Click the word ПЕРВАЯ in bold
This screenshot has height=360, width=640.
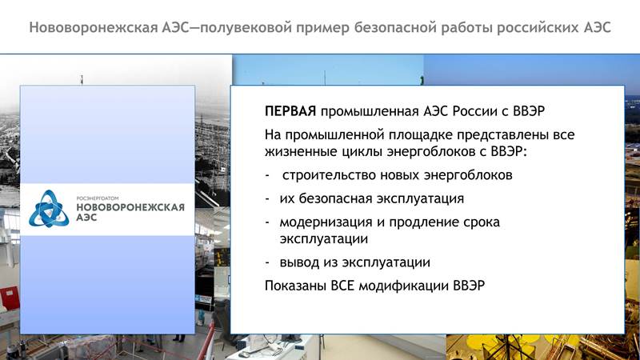click(x=290, y=111)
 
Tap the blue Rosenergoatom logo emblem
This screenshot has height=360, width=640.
click(x=49, y=209)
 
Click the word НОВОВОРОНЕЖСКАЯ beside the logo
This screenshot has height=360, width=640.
click(x=130, y=207)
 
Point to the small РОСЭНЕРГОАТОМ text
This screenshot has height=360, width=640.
click(x=98, y=198)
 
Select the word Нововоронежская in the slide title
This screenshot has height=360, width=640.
click(x=94, y=28)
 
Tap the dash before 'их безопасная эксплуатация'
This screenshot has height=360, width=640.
click(x=267, y=198)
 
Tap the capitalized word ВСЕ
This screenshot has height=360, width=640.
click(x=342, y=286)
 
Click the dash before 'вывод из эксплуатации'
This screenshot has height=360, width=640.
click(x=267, y=263)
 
